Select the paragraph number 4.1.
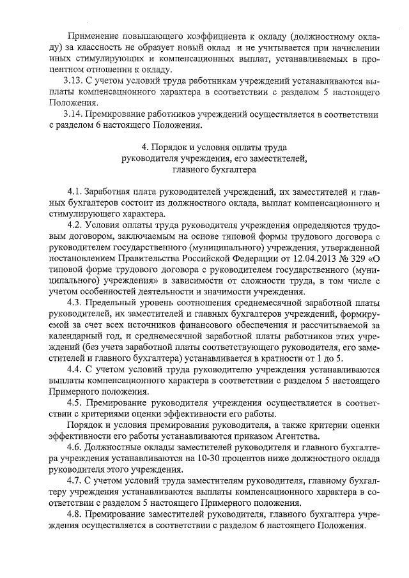coord(75,192)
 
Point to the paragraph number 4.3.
coord(75,301)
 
